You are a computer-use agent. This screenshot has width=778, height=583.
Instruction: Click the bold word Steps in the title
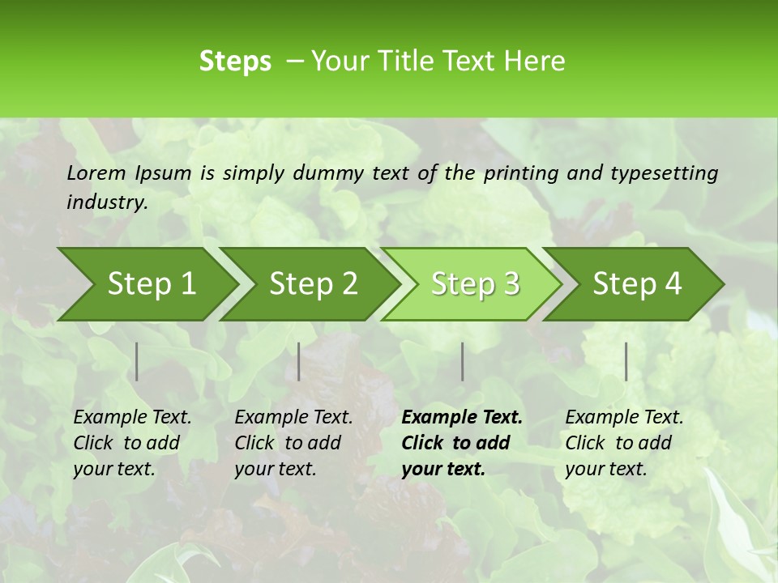point(235,62)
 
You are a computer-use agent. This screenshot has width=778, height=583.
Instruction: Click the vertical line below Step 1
point(137,361)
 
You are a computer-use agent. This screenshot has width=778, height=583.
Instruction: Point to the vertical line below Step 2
point(299,361)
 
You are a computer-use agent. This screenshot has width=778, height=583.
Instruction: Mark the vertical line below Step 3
point(463,361)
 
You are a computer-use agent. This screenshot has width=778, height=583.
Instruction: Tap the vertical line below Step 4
point(626,361)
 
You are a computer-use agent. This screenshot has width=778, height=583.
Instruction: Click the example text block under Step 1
point(132,443)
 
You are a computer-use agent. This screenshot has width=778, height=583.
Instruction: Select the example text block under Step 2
point(293,443)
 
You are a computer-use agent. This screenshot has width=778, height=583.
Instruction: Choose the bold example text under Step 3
point(462,443)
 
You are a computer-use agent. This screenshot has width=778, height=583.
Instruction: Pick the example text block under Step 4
point(624,443)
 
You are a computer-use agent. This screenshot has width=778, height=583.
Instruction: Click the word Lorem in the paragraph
point(96,173)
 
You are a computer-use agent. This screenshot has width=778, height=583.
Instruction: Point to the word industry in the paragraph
point(107,202)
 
